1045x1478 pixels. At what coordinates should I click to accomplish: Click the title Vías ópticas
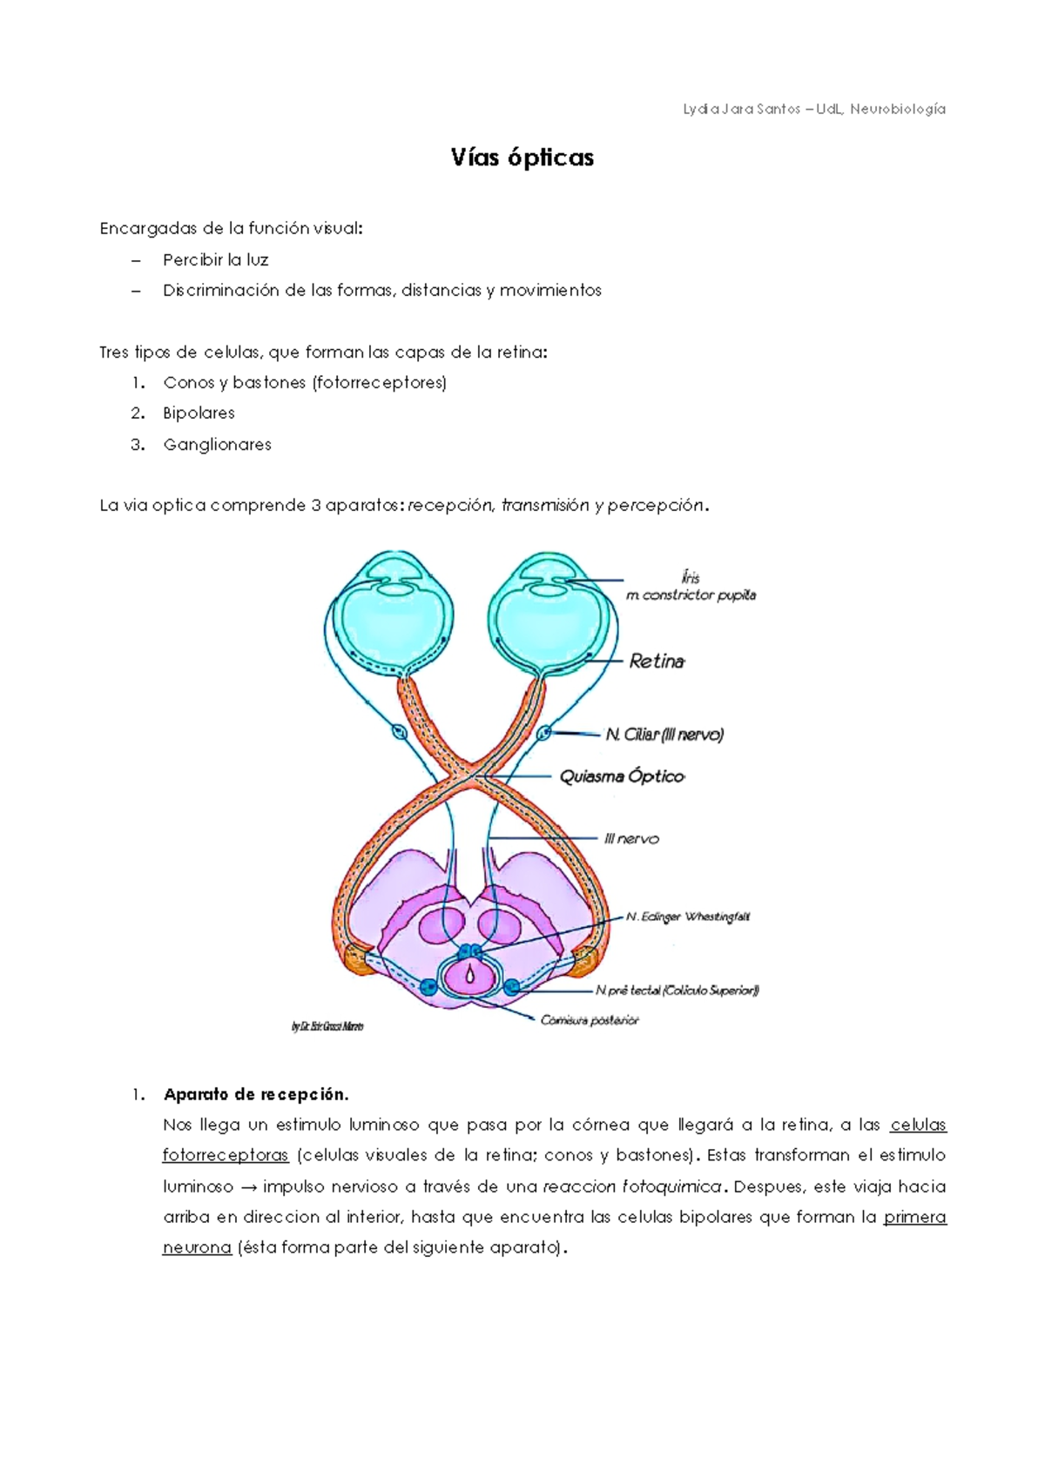click(x=522, y=158)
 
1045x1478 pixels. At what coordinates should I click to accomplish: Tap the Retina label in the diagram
click(x=657, y=662)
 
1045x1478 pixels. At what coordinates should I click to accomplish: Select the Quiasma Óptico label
click(x=622, y=776)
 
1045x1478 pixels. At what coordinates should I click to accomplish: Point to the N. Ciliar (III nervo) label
click(x=664, y=735)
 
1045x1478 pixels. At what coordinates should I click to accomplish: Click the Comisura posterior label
click(x=590, y=1020)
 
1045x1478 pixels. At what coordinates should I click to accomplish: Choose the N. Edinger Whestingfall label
click(x=687, y=917)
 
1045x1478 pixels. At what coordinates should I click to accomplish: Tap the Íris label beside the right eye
click(x=691, y=577)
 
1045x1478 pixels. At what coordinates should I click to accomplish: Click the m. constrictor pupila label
click(x=691, y=595)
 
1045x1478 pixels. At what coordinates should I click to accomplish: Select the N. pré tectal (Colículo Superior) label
click(x=677, y=990)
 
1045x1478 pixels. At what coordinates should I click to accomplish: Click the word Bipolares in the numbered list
click(x=199, y=413)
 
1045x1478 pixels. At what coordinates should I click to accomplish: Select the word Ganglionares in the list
click(x=217, y=444)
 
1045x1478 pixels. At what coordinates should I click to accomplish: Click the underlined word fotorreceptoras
click(x=225, y=1155)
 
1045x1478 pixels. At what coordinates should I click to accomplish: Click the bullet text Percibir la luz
click(x=215, y=259)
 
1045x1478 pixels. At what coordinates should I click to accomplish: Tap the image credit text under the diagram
click(x=327, y=1027)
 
